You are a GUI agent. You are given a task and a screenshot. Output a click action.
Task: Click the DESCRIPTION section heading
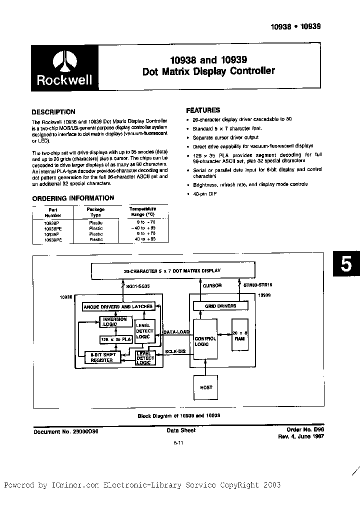pos(53,112)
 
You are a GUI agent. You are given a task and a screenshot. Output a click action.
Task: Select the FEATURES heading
pos(203,110)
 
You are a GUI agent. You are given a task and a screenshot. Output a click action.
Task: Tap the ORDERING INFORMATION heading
pos(73,198)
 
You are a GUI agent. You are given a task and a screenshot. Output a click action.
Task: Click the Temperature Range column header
pos(142,211)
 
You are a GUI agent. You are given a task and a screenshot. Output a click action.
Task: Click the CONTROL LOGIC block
pos(205,341)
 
